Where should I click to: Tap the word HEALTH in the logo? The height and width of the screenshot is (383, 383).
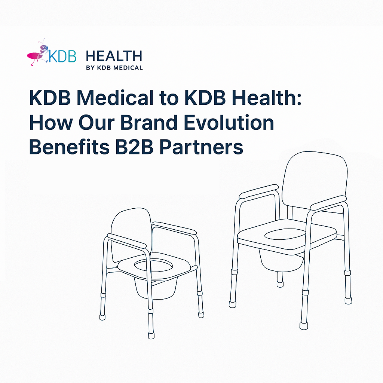[x=114, y=56]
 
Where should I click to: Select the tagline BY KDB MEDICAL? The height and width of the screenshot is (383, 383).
[x=114, y=68]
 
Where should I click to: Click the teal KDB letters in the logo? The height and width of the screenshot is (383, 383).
[x=62, y=56]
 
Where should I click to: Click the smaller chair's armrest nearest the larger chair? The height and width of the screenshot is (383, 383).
[x=174, y=227]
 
